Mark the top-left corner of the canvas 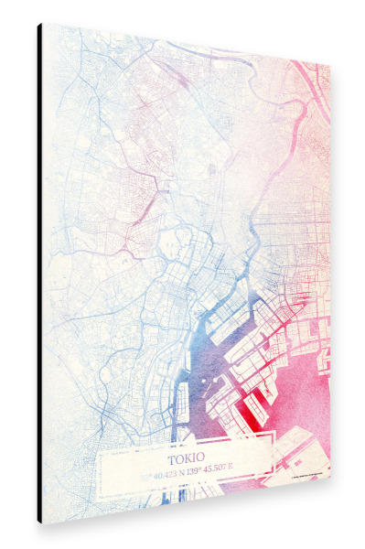pos(42,24)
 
